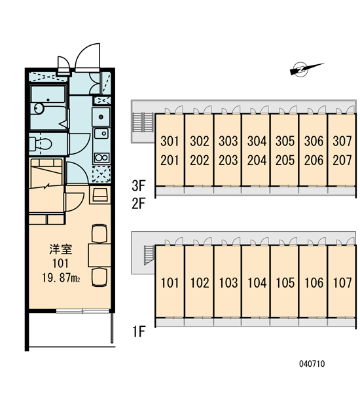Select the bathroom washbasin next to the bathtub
(x=39, y=108)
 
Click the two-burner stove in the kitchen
(x=101, y=158)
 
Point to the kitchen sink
(x=101, y=133)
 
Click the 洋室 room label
(x=61, y=250)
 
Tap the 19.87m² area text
(x=61, y=278)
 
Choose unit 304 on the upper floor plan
(x=257, y=141)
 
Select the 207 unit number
(x=342, y=160)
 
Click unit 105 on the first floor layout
(x=285, y=283)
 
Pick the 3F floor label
(x=139, y=186)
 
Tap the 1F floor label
(x=139, y=331)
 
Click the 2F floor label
(x=139, y=203)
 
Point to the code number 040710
(x=312, y=364)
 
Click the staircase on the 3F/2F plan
(x=143, y=122)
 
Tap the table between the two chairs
(x=99, y=255)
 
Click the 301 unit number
(x=170, y=141)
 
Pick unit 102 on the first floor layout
(x=200, y=283)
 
